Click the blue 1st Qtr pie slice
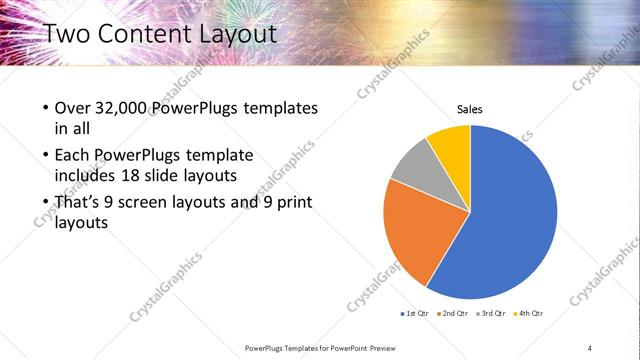coord(510,220)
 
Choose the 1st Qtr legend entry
coord(418,314)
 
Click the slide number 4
coord(589,347)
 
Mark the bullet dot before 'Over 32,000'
coord(47,108)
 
